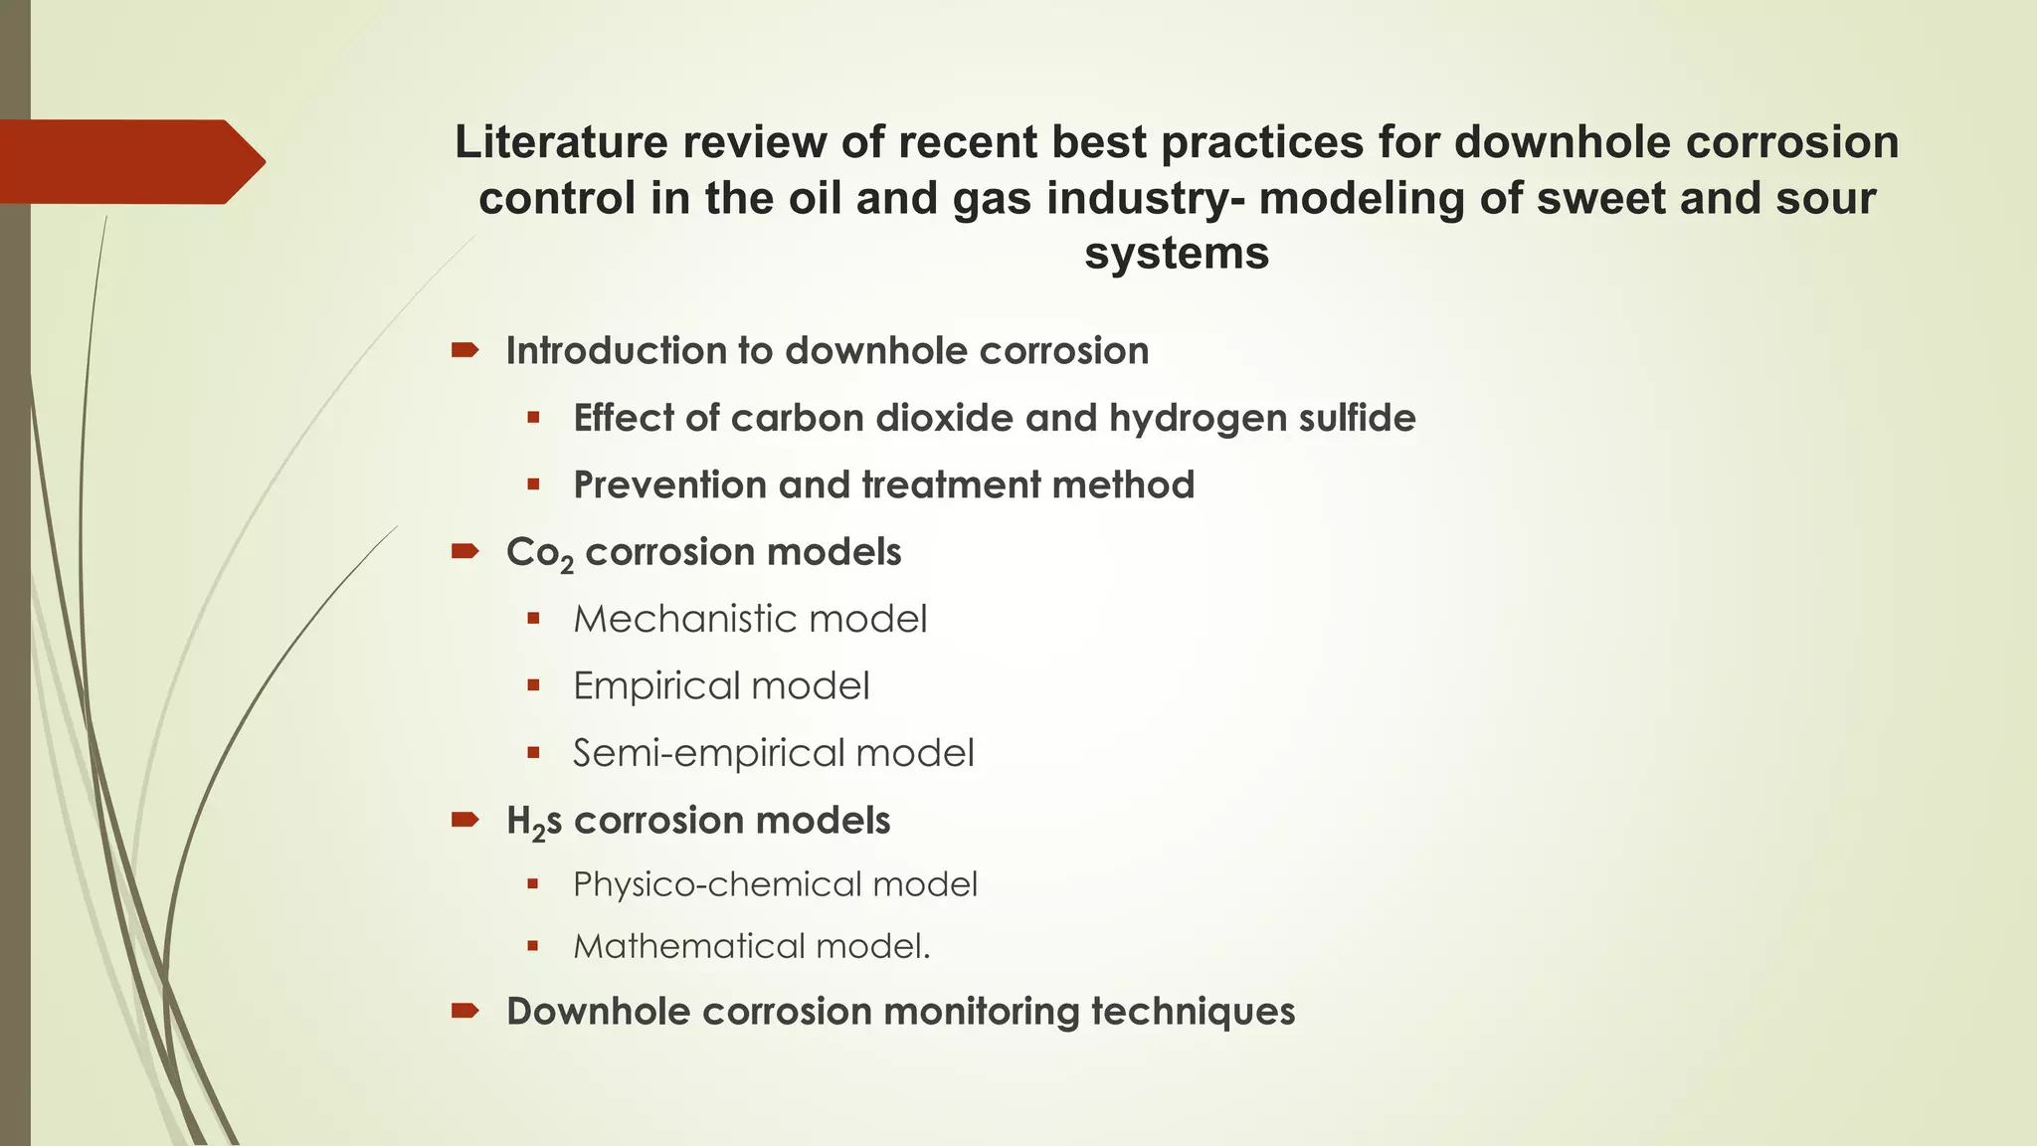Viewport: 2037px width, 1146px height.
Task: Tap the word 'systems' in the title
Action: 1177,253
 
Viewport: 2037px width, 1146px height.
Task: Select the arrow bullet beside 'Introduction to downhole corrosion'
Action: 464,349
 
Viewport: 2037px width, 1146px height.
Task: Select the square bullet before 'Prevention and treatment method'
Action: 534,485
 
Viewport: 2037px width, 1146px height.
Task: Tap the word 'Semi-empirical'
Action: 707,753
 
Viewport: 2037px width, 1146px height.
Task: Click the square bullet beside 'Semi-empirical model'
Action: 534,753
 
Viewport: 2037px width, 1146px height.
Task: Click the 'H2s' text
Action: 533,822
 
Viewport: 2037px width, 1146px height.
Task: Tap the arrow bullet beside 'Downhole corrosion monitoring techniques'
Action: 464,1011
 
